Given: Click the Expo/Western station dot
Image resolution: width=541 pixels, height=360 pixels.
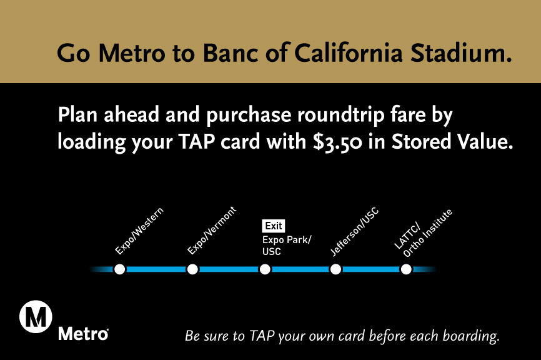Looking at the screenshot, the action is pyautogui.click(x=120, y=269).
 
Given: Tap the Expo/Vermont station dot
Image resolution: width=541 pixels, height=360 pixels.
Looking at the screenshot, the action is pyautogui.click(x=192, y=269).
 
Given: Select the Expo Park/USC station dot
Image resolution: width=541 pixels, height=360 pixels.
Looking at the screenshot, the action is pyautogui.click(x=265, y=269).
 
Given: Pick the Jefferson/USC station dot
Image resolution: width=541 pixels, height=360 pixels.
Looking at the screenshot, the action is pyautogui.click(x=335, y=269).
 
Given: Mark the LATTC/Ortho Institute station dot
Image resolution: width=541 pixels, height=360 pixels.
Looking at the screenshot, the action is pyautogui.click(x=406, y=269).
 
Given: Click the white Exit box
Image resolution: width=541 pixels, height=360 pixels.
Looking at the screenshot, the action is pyautogui.click(x=274, y=226).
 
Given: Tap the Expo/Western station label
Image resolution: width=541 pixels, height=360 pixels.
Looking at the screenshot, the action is pyautogui.click(x=139, y=231).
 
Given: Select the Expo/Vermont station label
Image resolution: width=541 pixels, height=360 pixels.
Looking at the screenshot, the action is pyautogui.click(x=212, y=230).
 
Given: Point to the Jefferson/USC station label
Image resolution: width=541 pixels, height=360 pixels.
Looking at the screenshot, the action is pyautogui.click(x=354, y=232).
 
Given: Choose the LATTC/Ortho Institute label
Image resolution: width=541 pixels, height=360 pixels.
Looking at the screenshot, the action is pyautogui.click(x=423, y=233).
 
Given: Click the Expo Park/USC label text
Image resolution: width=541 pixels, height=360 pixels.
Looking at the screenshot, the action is pyautogui.click(x=287, y=246).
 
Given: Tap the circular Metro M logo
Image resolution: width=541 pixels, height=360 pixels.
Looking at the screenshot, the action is pyautogui.click(x=36, y=317).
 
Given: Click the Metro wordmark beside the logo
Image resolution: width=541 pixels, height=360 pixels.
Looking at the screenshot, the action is pyautogui.click(x=83, y=334).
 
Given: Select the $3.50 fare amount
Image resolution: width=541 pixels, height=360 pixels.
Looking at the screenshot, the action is pyautogui.click(x=337, y=142).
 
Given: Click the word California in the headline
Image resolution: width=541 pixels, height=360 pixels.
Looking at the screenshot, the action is pyautogui.click(x=349, y=53).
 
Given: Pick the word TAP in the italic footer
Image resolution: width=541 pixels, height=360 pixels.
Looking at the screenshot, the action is pyautogui.click(x=262, y=336).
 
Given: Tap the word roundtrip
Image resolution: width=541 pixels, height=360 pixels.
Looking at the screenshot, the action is pyautogui.click(x=340, y=115).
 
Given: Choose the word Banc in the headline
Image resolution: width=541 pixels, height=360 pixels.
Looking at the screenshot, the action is pyautogui.click(x=230, y=53).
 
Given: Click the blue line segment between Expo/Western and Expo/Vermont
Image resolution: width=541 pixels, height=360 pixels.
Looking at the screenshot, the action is pyautogui.click(x=156, y=269).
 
